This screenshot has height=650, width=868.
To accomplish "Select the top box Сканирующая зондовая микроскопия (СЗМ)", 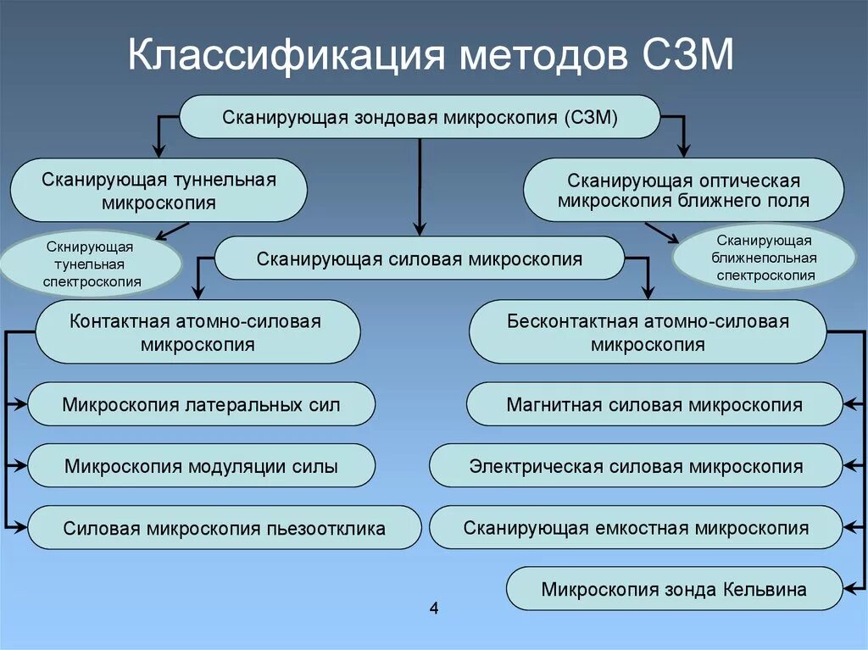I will [x=420, y=116].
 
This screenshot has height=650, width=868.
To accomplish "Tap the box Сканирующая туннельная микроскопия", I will [x=159, y=191].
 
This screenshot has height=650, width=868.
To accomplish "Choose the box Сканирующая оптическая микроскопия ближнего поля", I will [x=683, y=191].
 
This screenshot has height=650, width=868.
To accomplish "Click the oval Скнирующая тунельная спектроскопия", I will [x=90, y=264].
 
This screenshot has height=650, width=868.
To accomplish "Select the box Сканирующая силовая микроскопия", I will [x=420, y=258].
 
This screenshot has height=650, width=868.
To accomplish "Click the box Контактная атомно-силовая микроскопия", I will [x=198, y=332].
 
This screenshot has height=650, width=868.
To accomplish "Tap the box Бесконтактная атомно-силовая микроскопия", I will [x=648, y=332].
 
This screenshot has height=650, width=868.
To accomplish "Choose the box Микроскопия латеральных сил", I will [x=201, y=404].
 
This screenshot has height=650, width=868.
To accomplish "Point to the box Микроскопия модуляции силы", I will [x=201, y=466].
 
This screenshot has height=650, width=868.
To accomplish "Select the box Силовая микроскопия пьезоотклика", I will [x=225, y=528].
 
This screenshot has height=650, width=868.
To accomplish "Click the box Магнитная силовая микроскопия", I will [x=654, y=404].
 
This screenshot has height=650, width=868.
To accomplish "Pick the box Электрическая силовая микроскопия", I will [x=636, y=466].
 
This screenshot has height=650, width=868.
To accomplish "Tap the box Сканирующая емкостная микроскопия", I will [x=636, y=528].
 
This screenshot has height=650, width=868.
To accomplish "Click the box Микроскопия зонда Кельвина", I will [x=674, y=589].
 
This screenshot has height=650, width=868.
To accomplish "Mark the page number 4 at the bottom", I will [x=434, y=608].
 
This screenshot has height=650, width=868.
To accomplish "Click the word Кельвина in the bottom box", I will [x=764, y=589].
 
